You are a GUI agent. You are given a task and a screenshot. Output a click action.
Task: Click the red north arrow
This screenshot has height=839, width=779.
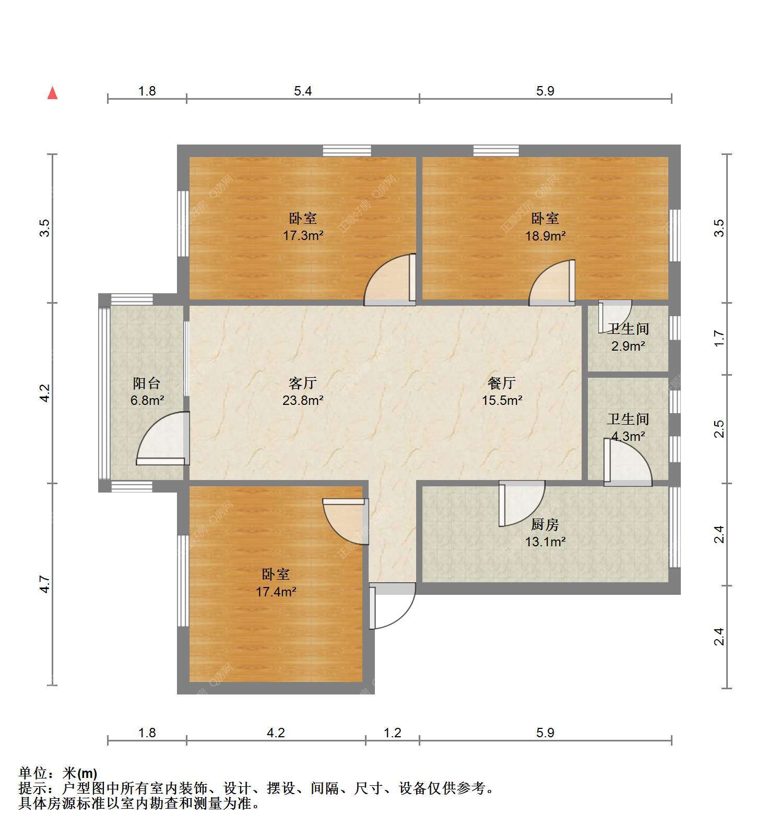pyautogui.click(x=52, y=93)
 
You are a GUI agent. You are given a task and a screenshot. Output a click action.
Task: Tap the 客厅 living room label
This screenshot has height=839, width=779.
pyautogui.click(x=303, y=383)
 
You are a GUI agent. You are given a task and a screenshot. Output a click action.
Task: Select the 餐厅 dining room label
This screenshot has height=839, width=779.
pyautogui.click(x=502, y=383)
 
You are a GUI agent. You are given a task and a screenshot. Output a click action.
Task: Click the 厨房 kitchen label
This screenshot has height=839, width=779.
pyautogui.click(x=545, y=524)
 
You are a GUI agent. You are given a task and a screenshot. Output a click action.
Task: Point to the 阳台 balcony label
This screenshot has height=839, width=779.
pyautogui.click(x=147, y=383)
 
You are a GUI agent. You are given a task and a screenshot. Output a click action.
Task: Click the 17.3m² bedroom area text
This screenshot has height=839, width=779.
pyautogui.click(x=303, y=235)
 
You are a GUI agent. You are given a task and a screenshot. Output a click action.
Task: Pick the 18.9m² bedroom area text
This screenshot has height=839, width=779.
pyautogui.click(x=546, y=235)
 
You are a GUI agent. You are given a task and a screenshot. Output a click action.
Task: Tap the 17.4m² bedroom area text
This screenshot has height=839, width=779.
pyautogui.click(x=276, y=592)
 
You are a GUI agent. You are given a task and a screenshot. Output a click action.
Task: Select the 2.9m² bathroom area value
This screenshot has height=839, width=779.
pyautogui.click(x=628, y=345)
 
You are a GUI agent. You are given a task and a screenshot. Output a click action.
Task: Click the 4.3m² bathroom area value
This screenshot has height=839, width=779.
pyautogui.click(x=628, y=436)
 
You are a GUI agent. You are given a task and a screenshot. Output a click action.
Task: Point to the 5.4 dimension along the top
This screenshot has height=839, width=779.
pyautogui.click(x=303, y=91)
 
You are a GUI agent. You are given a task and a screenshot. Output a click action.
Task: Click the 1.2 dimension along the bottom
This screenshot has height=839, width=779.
pyautogui.click(x=393, y=733)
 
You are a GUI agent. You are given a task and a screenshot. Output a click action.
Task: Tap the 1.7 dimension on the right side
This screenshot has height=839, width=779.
pyautogui.click(x=719, y=338)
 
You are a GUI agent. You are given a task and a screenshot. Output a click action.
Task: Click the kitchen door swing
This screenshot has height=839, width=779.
pyautogui.click(x=522, y=504)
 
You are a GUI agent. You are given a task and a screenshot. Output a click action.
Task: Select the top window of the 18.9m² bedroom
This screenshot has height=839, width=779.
pyautogui.click(x=496, y=151)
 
